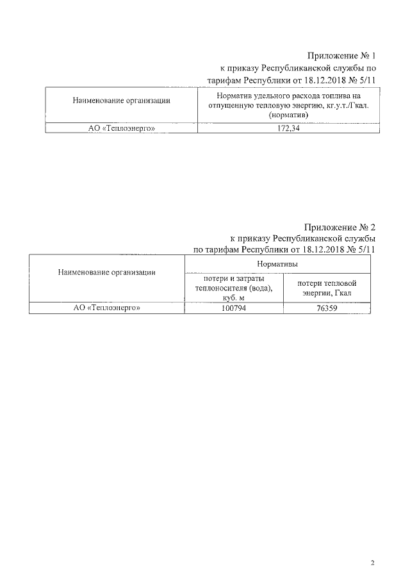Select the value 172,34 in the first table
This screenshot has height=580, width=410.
point(288,128)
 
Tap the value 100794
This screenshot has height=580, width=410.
point(233,309)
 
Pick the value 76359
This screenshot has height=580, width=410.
point(326,309)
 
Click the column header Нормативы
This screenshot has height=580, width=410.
point(277,264)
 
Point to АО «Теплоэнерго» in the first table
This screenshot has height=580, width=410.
point(122,128)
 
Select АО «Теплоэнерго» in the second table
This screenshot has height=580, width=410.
point(108,309)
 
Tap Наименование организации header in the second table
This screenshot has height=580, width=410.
point(107,272)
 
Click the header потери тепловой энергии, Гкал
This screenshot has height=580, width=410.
point(327,288)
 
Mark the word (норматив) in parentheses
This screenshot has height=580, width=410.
point(288,113)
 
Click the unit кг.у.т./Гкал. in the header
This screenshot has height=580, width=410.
point(343,104)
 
